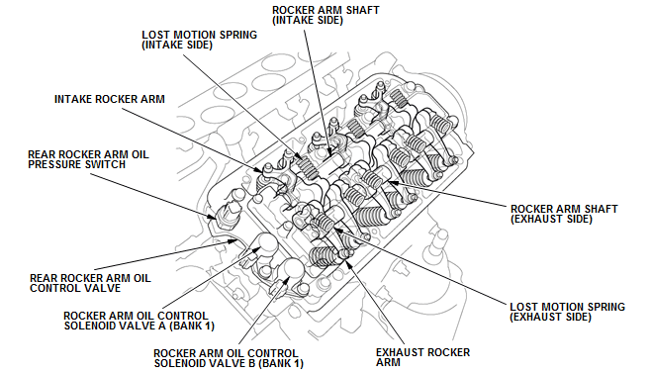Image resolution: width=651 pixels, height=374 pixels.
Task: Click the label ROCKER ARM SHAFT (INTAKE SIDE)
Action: (x=325, y=15)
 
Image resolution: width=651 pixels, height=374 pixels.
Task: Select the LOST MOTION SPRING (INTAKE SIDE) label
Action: (x=199, y=40)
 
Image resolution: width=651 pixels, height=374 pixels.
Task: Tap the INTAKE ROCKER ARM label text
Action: (x=110, y=99)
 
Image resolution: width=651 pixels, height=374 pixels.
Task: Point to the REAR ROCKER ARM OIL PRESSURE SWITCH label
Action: (x=88, y=159)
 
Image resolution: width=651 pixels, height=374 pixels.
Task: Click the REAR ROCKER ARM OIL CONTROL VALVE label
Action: (x=90, y=283)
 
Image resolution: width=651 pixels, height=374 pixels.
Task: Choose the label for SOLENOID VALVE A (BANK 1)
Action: (x=139, y=321)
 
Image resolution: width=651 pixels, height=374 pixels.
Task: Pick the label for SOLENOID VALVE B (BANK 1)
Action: (x=229, y=358)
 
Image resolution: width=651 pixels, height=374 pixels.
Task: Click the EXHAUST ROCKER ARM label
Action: (x=422, y=357)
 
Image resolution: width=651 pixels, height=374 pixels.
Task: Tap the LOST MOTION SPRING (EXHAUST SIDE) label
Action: (x=567, y=312)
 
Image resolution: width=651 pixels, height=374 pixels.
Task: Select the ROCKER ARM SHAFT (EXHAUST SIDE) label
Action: (x=564, y=214)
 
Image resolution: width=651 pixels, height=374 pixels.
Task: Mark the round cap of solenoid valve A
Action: (x=265, y=245)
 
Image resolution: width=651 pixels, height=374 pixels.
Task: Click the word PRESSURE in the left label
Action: (x=55, y=165)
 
